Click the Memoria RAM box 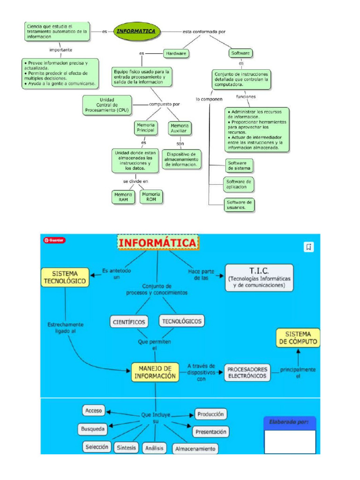(124, 197)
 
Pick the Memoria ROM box (151, 197)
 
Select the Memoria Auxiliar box (180, 128)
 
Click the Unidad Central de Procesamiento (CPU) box (107, 105)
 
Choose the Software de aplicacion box (239, 185)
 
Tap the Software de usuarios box (239, 205)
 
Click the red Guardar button (54, 240)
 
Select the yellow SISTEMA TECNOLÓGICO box (65, 277)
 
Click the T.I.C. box (259, 277)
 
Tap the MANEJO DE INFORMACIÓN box (155, 372)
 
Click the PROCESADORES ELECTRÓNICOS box (247, 373)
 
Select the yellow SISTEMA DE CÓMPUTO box (298, 338)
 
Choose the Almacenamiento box (195, 449)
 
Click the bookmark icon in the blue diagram (308, 247)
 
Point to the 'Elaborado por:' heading (289, 422)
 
